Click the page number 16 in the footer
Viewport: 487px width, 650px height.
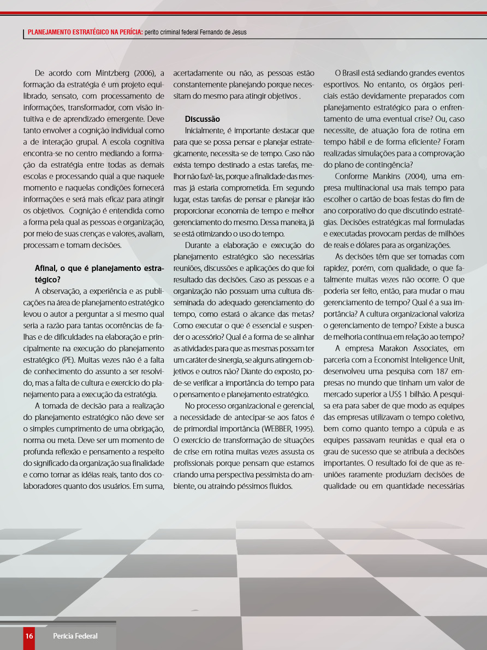pos(29,636)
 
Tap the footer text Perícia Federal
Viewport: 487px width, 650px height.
pos(75,636)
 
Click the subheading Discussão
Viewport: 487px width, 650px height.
pos(202,119)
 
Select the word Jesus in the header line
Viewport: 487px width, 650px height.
pos(238,32)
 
